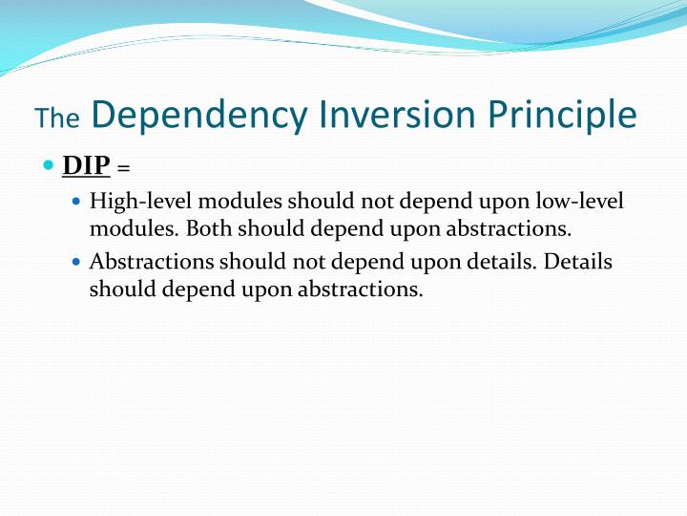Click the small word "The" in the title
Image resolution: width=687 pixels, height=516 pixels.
point(57,118)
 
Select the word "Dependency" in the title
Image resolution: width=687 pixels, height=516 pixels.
point(200,115)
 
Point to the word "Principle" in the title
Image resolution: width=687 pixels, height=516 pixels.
point(563,115)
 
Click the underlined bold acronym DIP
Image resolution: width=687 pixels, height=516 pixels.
point(86,165)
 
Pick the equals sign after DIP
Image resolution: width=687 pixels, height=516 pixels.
point(123,168)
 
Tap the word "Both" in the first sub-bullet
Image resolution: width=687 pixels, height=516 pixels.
point(208,229)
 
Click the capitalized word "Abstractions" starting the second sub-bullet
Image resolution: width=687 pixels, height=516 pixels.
point(151,262)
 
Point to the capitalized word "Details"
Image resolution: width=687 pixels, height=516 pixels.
point(578,262)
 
